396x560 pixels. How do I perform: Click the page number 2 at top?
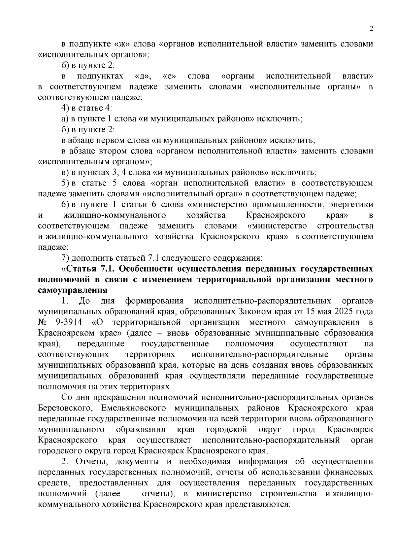(371, 29)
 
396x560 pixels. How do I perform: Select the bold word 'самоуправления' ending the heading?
(73, 290)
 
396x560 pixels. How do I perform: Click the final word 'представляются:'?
(257, 504)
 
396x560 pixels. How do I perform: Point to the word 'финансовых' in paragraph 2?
(353, 472)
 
